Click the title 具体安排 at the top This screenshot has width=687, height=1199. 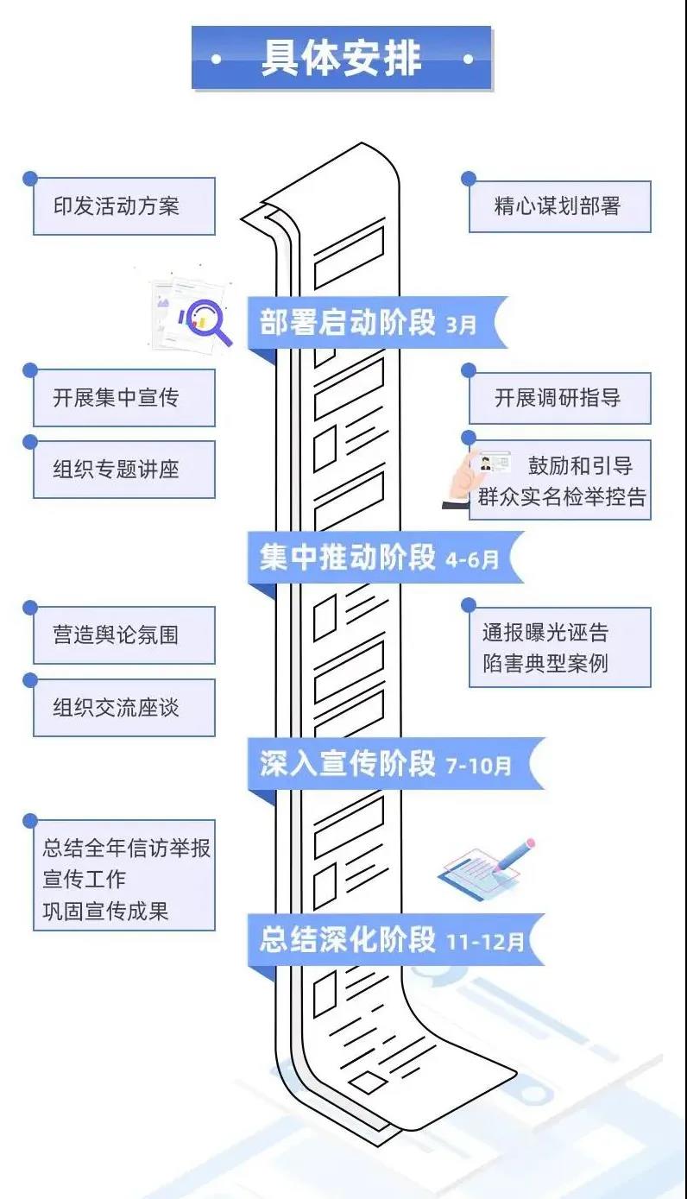342,58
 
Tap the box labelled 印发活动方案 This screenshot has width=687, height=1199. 124,206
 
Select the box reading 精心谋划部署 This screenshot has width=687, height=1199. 559,206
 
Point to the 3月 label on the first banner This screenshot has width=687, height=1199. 461,325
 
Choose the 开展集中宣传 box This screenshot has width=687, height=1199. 124,398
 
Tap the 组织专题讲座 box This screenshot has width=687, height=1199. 124,470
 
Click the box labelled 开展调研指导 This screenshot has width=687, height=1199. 559,398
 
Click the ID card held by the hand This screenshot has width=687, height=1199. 495,462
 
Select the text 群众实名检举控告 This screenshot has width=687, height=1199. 562,497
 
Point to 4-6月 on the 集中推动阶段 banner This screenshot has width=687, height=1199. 472,559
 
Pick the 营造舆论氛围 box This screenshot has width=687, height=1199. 124,635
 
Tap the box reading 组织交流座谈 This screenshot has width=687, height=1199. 124,708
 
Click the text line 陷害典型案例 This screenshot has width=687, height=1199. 545,663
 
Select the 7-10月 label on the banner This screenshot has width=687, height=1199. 478,766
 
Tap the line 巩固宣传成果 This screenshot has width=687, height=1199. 105,911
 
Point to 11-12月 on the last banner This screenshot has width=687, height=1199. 485,942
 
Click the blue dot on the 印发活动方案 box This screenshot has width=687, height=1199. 30,178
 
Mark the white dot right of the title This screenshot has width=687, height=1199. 468,59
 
